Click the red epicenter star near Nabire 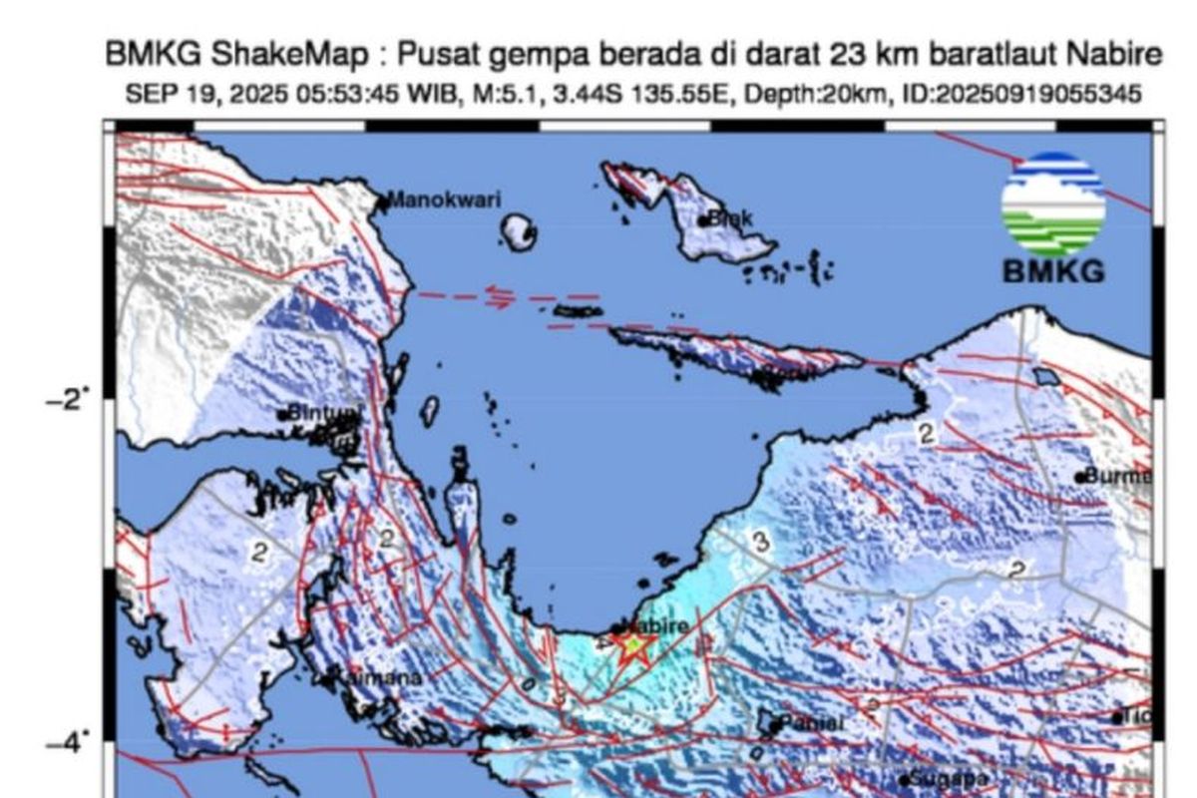tap(632, 646)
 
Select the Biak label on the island tap(732, 217)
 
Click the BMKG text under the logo tap(1053, 270)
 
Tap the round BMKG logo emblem tap(1053, 203)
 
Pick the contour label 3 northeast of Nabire tap(761, 543)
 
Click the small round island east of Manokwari tap(520, 233)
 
